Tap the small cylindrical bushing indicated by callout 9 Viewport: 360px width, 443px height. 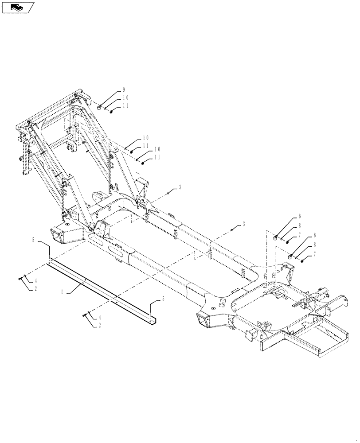coord(100,106)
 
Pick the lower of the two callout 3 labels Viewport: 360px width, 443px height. coord(243,225)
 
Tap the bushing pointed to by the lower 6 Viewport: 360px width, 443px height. coord(290,255)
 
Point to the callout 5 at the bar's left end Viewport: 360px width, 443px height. coord(34,240)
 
